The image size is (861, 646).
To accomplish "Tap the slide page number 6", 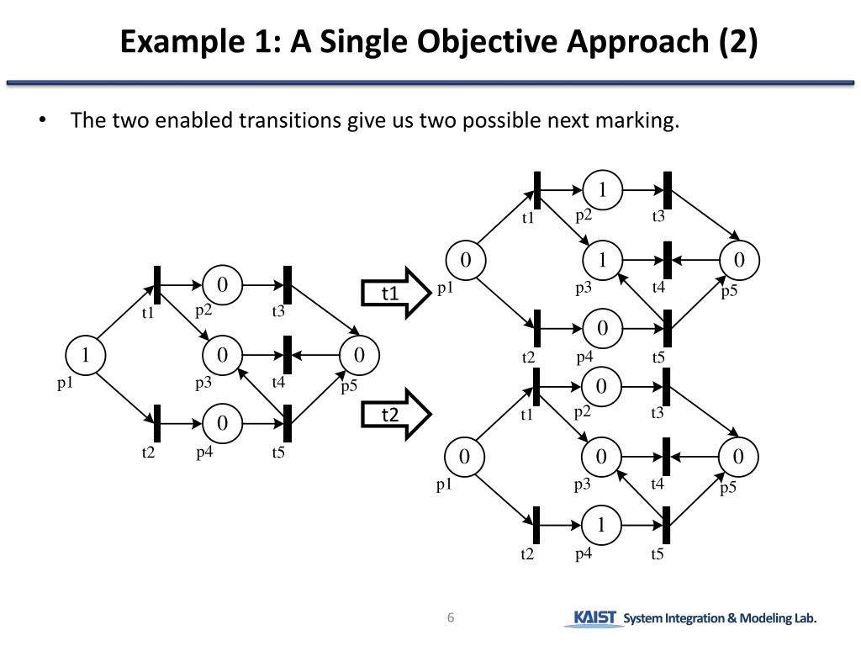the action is [451, 618].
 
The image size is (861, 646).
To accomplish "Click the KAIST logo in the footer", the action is [594, 618].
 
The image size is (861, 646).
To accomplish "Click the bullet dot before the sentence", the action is [42, 120].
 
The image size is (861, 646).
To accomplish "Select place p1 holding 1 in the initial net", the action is [85, 354].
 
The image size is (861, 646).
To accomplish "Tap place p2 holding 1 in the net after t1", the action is [602, 189].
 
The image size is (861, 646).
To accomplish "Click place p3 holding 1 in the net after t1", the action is [602, 259].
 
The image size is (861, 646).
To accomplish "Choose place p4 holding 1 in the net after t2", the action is [601, 525].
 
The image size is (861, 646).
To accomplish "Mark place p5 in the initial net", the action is [360, 354].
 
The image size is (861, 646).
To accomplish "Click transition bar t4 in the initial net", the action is [288, 354].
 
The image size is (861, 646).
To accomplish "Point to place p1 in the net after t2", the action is [464, 457].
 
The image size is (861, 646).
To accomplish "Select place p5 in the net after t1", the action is [740, 259].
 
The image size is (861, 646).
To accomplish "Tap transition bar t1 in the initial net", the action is [157, 285].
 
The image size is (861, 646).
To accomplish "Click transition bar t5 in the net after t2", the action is [667, 525].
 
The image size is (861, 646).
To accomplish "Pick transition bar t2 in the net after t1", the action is [536, 327].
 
